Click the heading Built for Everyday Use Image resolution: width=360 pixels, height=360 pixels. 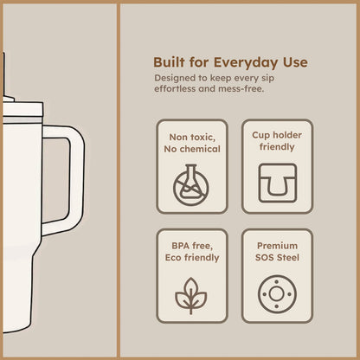coord(230,62)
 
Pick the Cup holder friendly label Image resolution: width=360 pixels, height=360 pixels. coord(277,142)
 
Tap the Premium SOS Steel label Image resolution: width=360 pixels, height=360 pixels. coord(277,251)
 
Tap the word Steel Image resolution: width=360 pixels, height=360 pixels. coord(291,257)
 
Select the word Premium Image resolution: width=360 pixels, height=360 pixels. coord(277,245)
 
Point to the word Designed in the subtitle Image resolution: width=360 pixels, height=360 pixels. coord(174,78)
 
